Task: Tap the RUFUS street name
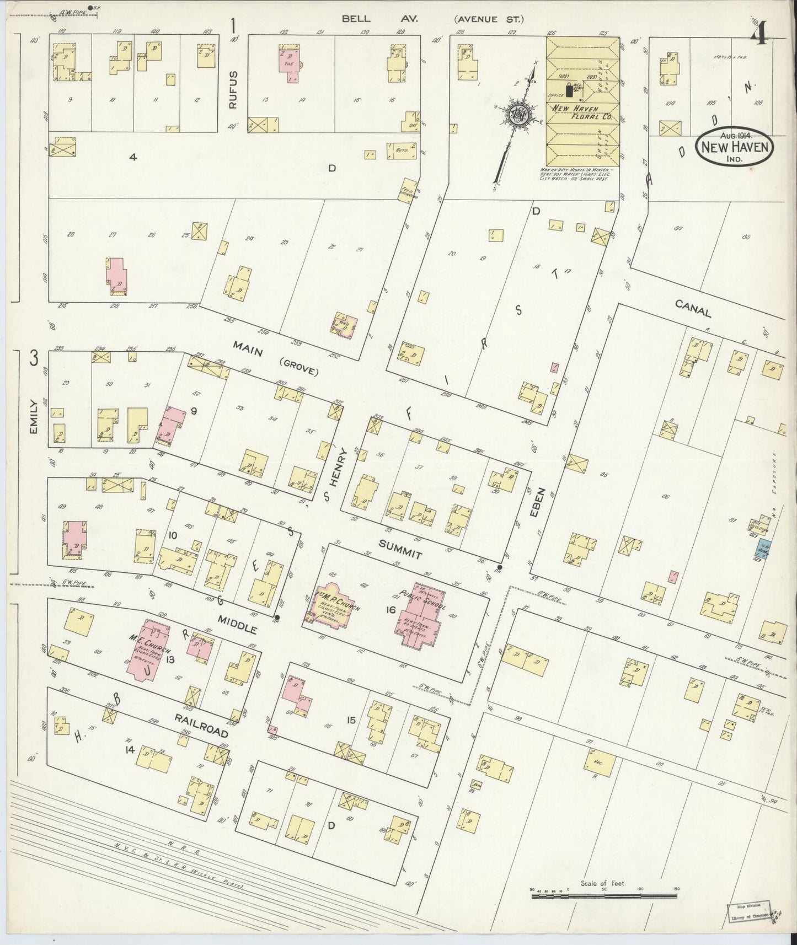pos(234,89)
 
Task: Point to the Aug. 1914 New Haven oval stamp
pos(736,147)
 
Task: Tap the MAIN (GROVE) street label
pos(274,358)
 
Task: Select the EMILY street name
pos(33,416)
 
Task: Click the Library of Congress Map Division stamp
pos(751,912)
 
